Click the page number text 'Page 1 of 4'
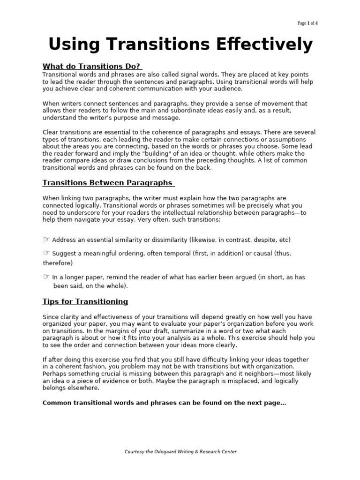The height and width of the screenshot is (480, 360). (307, 23)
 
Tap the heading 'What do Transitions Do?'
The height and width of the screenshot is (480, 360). (92, 66)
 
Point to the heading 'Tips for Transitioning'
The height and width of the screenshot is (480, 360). (85, 301)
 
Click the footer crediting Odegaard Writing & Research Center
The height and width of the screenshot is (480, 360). (180, 451)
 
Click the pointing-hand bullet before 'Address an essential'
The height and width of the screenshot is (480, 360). (46, 240)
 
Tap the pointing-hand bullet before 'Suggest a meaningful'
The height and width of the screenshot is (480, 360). (46, 253)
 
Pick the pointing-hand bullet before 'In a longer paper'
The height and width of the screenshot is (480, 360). (46, 277)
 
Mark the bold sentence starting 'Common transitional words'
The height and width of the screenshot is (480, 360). (164, 403)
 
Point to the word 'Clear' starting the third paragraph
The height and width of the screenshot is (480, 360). (51, 132)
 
